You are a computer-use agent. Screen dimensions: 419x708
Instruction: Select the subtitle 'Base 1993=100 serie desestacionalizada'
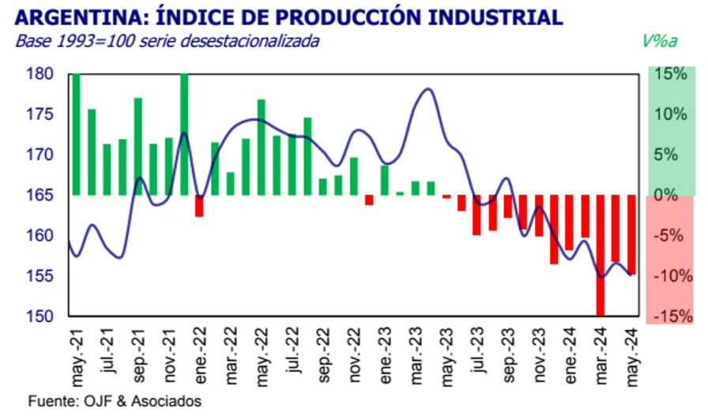(168, 41)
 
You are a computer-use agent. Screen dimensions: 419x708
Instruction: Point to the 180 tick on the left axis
(39, 74)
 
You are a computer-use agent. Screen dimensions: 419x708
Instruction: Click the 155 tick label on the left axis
(39, 276)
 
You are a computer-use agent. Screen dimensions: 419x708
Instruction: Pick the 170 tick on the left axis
(39, 155)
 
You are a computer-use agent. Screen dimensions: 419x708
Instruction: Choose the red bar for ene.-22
(199, 205)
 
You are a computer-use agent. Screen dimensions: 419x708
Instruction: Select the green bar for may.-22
(262, 148)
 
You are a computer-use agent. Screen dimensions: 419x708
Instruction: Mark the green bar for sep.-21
(137, 147)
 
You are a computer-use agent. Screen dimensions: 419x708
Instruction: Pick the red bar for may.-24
(631, 234)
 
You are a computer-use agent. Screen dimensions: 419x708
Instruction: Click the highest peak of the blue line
(427, 89)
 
